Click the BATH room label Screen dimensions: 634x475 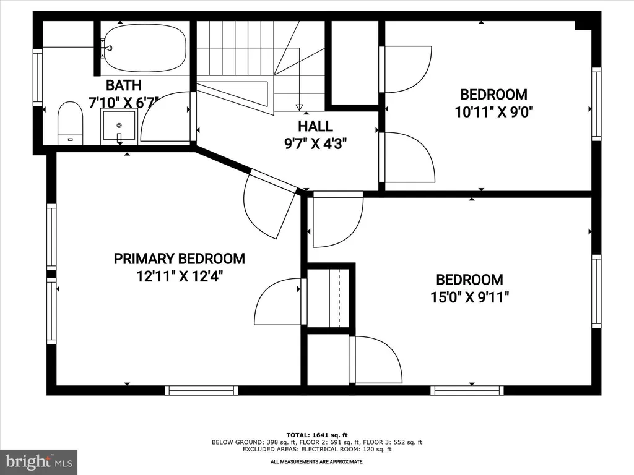(124, 85)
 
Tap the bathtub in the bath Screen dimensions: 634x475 (144, 48)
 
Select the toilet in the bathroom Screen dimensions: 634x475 (71, 123)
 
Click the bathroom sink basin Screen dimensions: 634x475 (119, 126)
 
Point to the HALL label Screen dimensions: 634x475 (315, 126)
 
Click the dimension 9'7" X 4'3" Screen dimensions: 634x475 (315, 143)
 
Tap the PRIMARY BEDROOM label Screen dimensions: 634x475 (179, 259)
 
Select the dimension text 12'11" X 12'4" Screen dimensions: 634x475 (180, 276)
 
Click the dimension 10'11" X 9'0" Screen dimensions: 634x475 (494, 111)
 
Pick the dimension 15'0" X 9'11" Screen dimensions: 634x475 (469, 297)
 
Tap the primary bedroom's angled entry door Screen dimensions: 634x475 (269, 204)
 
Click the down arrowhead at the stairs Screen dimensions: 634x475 (299, 107)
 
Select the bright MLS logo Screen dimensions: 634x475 (39, 461)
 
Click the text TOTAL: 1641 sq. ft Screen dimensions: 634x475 (317, 435)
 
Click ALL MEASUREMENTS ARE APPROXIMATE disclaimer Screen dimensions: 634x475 (317, 461)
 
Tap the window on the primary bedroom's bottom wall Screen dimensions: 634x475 (201, 390)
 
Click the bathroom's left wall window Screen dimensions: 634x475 (38, 77)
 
